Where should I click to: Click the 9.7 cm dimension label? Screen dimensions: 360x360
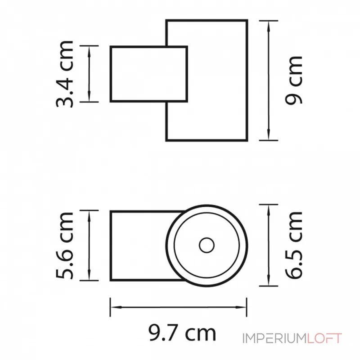click(182, 333)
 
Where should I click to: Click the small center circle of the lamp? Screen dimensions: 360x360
click(207, 245)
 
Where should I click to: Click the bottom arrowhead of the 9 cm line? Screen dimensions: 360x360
click(269, 136)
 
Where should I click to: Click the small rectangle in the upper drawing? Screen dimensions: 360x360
click(148, 74)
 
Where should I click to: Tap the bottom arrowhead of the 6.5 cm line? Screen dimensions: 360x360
click(269, 282)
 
